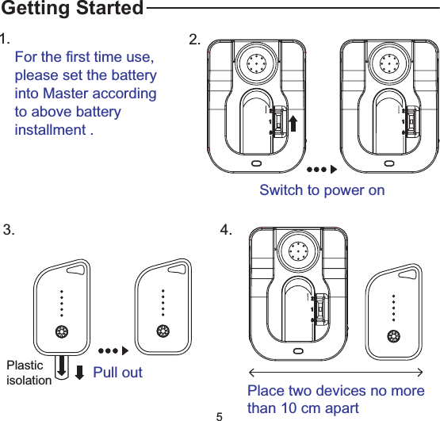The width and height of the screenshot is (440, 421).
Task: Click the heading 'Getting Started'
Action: (x=72, y=10)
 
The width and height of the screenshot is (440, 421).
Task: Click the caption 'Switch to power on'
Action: (x=322, y=190)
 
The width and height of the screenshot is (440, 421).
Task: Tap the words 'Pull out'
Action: (x=118, y=372)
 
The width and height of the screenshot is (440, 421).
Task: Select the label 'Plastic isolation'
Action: (x=29, y=373)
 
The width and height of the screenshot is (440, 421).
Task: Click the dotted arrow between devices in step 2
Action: (x=322, y=170)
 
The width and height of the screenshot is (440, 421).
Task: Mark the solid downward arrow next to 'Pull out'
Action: (x=79, y=372)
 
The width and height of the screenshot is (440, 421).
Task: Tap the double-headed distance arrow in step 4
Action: (x=336, y=371)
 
